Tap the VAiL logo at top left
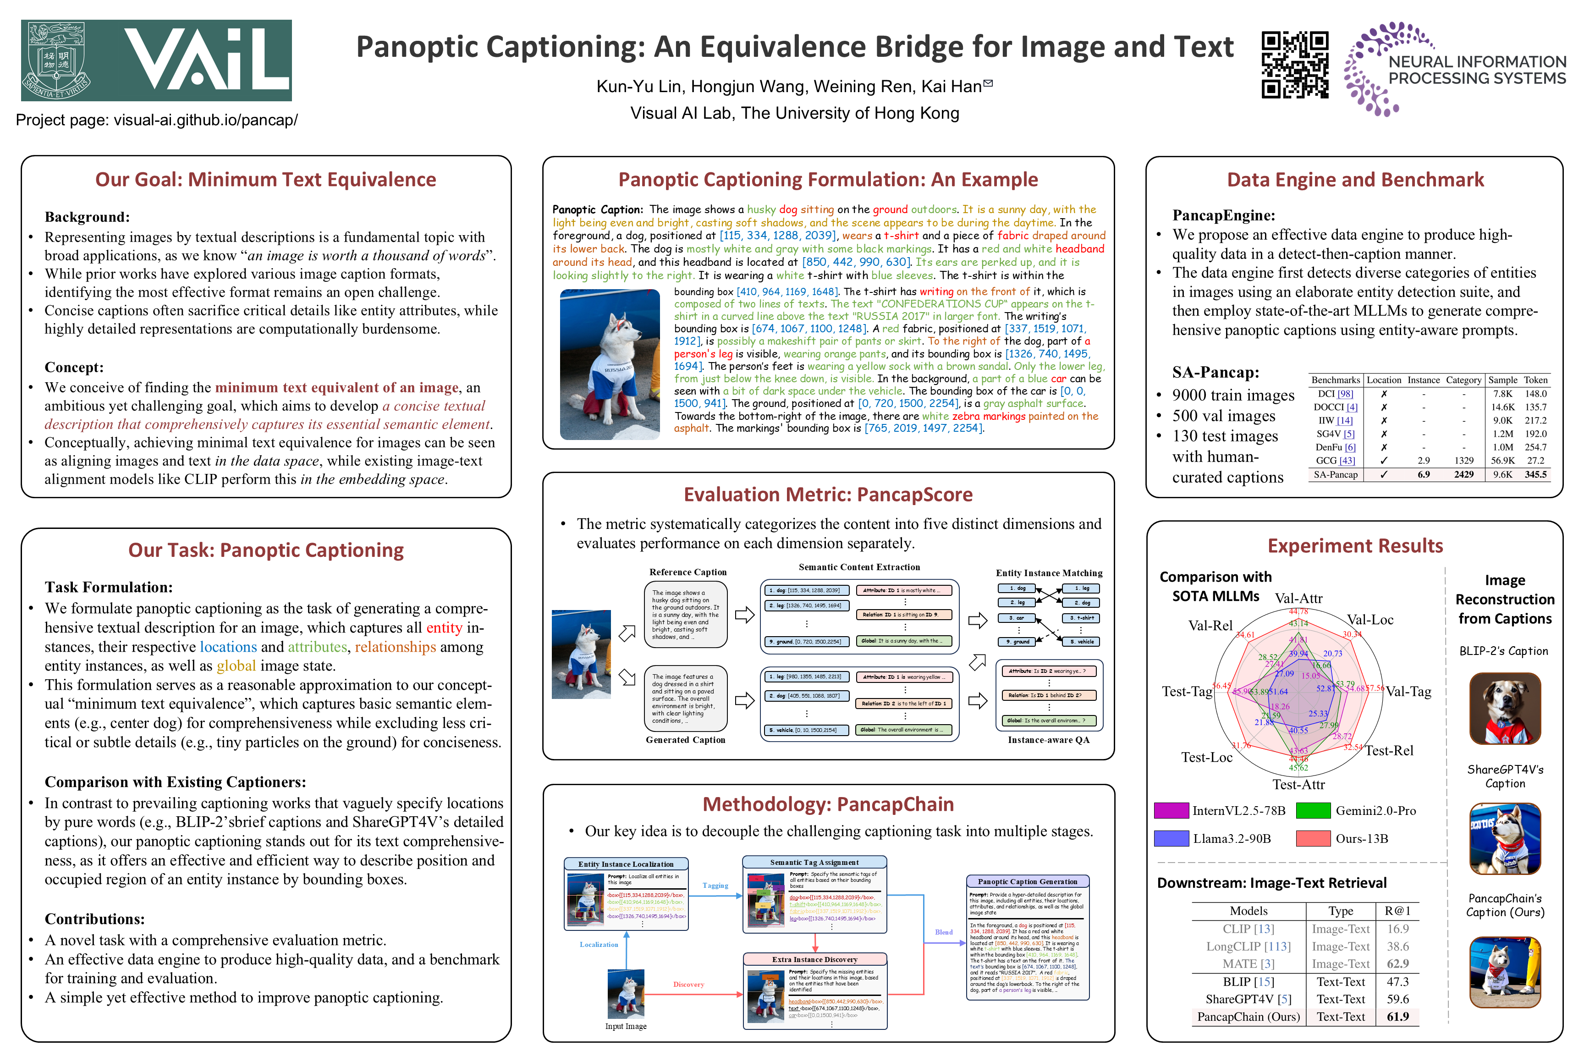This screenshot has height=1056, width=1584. [156, 60]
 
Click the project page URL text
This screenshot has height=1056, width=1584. [156, 120]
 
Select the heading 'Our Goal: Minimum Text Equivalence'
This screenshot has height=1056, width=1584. [265, 180]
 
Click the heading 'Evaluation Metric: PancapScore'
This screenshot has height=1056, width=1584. [828, 495]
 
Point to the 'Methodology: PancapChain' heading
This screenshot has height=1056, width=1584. [828, 804]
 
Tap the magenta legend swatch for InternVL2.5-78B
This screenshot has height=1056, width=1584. [1171, 810]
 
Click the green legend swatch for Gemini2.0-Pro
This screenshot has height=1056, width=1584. [1313, 810]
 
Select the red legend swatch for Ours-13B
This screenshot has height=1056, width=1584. [1313, 838]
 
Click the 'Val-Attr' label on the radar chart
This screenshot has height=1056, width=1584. [1298, 599]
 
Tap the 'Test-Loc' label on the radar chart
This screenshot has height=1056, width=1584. [1207, 757]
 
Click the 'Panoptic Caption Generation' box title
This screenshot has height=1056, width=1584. [1027, 881]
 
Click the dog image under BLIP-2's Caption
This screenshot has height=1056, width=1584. [1505, 709]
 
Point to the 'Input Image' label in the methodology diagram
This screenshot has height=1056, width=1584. [626, 1026]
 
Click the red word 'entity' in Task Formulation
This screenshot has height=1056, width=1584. [444, 627]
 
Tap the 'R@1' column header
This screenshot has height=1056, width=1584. [1397, 911]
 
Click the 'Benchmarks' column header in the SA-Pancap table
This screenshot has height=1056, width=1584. [1336, 380]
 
